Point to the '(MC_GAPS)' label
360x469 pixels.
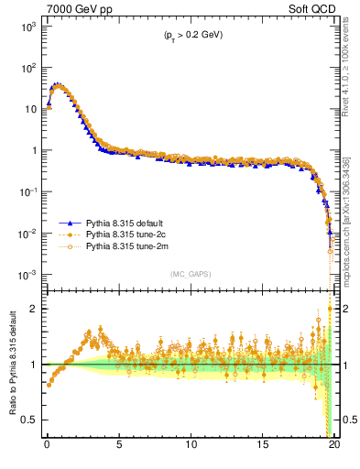pyautogui.click(x=188, y=274)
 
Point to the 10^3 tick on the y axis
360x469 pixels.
pyautogui.click(x=27, y=26)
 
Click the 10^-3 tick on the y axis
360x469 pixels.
pyautogui.click(x=27, y=275)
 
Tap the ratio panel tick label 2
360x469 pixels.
pyautogui.click(x=35, y=309)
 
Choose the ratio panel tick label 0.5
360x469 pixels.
pyautogui.click(x=29, y=420)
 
